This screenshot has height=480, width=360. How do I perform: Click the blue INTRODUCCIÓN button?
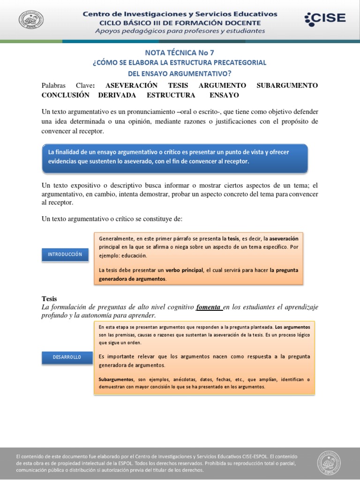click(x=65, y=255)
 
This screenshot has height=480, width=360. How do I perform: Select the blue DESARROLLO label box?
click(x=67, y=357)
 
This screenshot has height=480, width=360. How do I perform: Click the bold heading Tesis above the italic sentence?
click(x=49, y=299)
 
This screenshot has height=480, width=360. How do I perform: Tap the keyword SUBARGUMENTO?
click(x=287, y=85)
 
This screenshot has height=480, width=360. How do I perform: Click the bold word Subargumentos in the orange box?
click(x=116, y=379)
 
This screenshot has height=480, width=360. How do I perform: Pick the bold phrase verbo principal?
click(x=184, y=270)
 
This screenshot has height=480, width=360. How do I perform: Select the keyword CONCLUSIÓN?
click(x=65, y=95)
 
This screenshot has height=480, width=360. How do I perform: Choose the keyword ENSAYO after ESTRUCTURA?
click(x=224, y=95)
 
